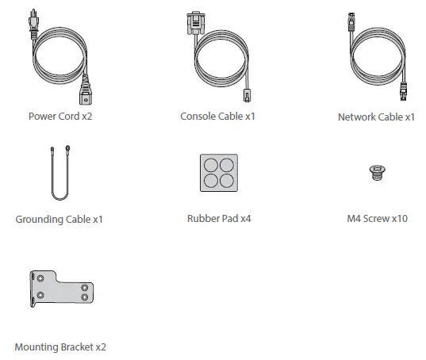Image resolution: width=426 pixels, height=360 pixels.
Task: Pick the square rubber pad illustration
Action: coord(217,172)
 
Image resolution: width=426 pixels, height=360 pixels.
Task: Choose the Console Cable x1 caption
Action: coord(217,116)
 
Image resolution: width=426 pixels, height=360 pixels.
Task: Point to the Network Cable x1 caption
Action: coord(376,117)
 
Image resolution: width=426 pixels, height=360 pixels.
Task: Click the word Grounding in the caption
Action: coord(40,219)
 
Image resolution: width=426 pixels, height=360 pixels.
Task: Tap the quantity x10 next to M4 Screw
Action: coord(399,218)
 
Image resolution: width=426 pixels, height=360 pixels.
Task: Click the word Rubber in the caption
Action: coord(204,218)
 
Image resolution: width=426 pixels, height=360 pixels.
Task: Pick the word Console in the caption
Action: coord(199,116)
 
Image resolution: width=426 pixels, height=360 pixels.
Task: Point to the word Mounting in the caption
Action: coord(35,347)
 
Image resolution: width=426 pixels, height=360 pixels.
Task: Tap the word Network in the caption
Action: coord(358,117)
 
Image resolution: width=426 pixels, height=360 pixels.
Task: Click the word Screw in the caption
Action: coord(376,218)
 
